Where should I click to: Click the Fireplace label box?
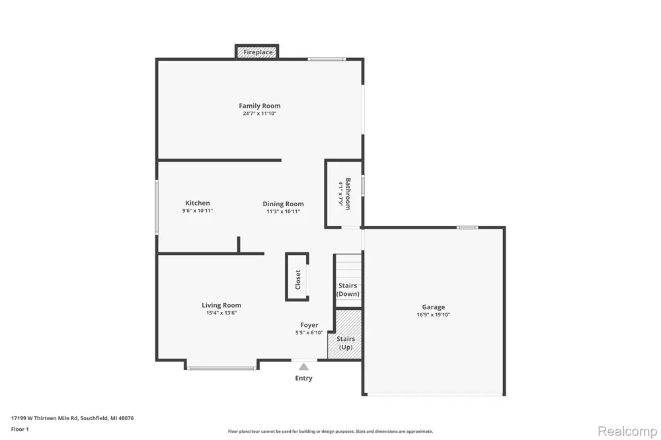pyautogui.click(x=256, y=52)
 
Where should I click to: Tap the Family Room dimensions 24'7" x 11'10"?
pyautogui.click(x=260, y=114)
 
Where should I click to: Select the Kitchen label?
pyautogui.click(x=198, y=203)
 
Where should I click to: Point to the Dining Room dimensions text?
pyautogui.click(x=284, y=211)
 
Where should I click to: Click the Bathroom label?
pyautogui.click(x=348, y=194)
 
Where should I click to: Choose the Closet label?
pyautogui.click(x=298, y=279)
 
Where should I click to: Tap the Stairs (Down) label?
pyautogui.click(x=348, y=289)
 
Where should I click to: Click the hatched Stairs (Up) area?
pyautogui.click(x=345, y=335)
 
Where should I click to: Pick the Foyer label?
pyautogui.click(x=309, y=325)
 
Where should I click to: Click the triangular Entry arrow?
pyautogui.click(x=303, y=367)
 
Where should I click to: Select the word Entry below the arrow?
pyautogui.click(x=303, y=378)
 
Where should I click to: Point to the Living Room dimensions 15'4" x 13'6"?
pyautogui.click(x=221, y=312)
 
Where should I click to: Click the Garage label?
pyautogui.click(x=434, y=307)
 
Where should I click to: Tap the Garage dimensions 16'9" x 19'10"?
pyautogui.click(x=434, y=314)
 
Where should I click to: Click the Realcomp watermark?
pyautogui.click(x=627, y=431)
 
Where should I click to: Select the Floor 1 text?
pyautogui.click(x=20, y=429)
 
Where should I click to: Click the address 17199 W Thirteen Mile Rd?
pyautogui.click(x=44, y=418)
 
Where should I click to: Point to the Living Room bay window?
pyautogui.click(x=221, y=369)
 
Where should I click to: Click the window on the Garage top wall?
pyautogui.click(x=467, y=227)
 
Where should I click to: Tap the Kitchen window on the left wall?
pyautogui.click(x=157, y=207)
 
